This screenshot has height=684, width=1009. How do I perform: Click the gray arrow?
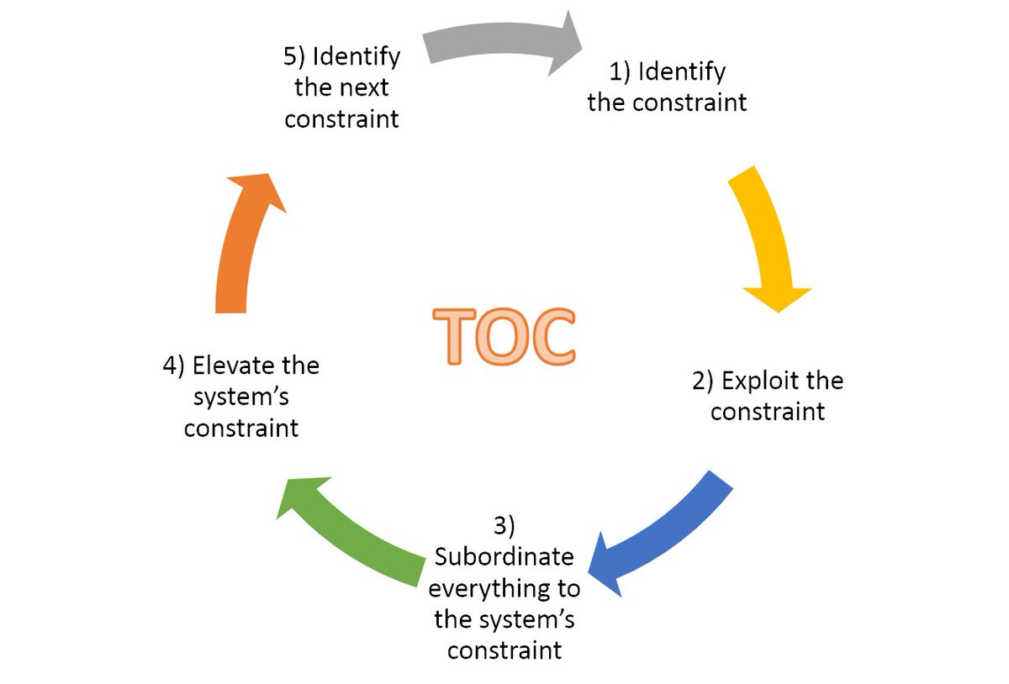click(496, 42)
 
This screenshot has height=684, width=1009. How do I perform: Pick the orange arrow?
click(240, 244)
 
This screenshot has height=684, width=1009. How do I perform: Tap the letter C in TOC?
click(552, 337)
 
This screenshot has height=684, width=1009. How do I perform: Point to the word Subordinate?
click(504, 557)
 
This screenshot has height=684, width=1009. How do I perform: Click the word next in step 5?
click(364, 87)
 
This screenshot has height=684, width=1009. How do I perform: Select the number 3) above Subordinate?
click(504, 526)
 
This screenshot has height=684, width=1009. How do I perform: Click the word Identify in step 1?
click(681, 71)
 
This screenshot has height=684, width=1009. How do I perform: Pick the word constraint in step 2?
click(767, 412)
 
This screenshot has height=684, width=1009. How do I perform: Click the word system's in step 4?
click(240, 397)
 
